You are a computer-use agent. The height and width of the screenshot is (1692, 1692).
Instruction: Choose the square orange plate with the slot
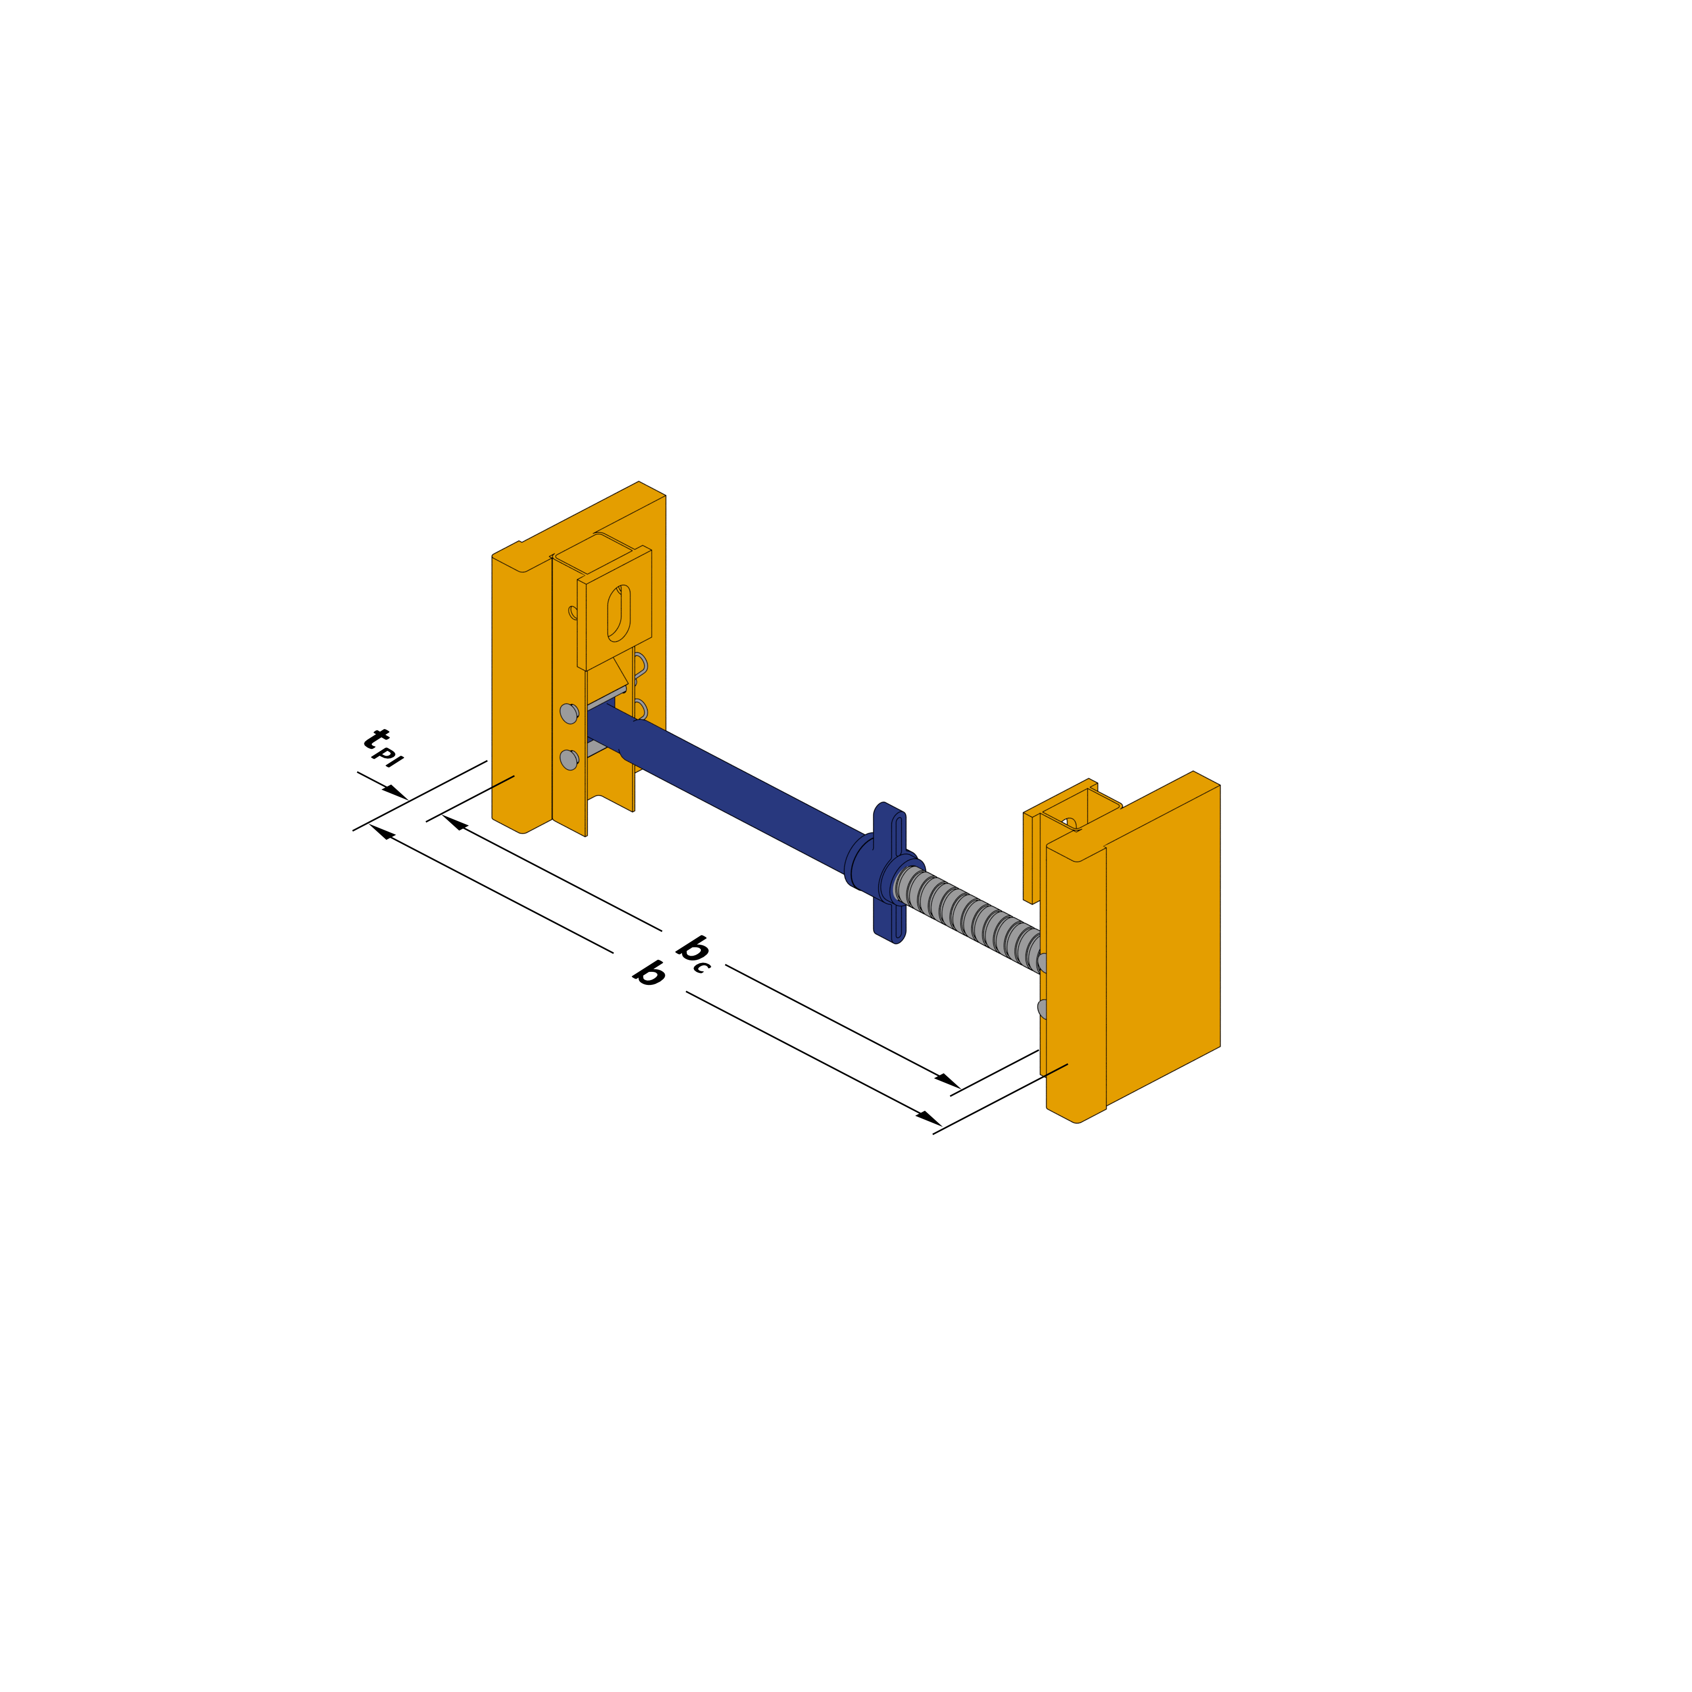(x=630, y=604)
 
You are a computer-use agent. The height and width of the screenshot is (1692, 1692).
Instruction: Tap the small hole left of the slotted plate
(x=573, y=612)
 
